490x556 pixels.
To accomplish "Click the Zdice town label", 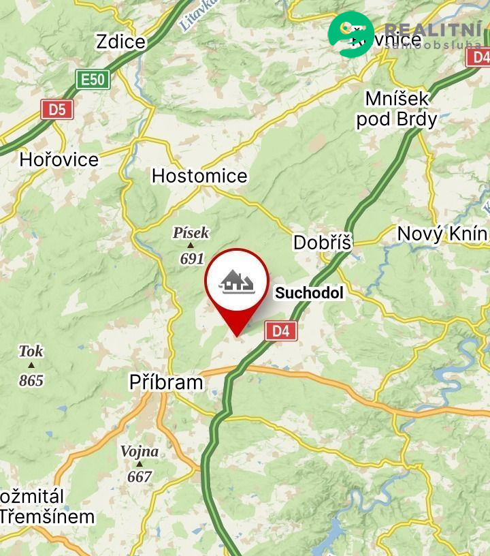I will (x=121, y=42).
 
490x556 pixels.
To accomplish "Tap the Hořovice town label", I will (x=59, y=160).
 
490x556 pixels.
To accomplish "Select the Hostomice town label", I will (x=199, y=176).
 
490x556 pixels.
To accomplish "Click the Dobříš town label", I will (x=323, y=242).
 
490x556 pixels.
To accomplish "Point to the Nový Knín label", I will (x=442, y=234).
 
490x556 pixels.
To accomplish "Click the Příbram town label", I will (x=166, y=382).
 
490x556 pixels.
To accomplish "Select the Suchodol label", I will (x=309, y=294).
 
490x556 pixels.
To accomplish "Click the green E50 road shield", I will (x=92, y=80).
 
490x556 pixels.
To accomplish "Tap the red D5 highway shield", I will (x=57, y=109).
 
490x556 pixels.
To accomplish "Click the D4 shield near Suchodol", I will (x=281, y=332).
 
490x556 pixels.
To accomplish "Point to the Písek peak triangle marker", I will (x=191, y=245).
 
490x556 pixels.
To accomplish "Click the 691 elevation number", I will (x=192, y=259).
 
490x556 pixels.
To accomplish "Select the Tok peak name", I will (x=31, y=352).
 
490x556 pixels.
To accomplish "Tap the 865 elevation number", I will (x=31, y=380).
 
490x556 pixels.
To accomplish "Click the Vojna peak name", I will (x=140, y=451).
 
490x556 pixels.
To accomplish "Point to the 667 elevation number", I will (x=140, y=476).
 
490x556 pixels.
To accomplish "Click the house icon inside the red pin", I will (x=237, y=281).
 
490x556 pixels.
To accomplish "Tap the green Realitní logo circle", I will (x=350, y=33).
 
